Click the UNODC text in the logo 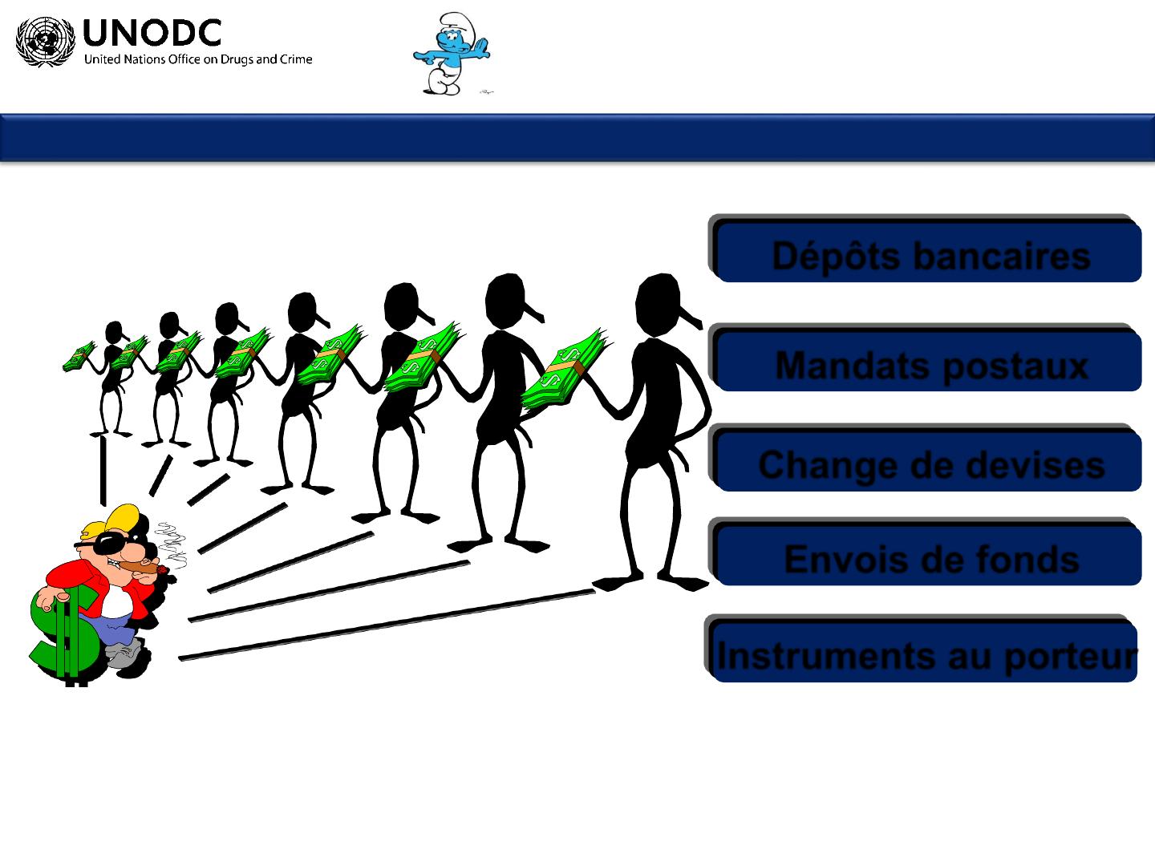[152, 33]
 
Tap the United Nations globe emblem [45, 42]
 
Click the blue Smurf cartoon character [452, 54]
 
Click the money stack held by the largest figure [564, 370]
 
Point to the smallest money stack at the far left [79, 356]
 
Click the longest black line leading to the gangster [387, 625]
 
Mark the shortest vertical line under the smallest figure [103, 471]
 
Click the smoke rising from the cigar [173, 544]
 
